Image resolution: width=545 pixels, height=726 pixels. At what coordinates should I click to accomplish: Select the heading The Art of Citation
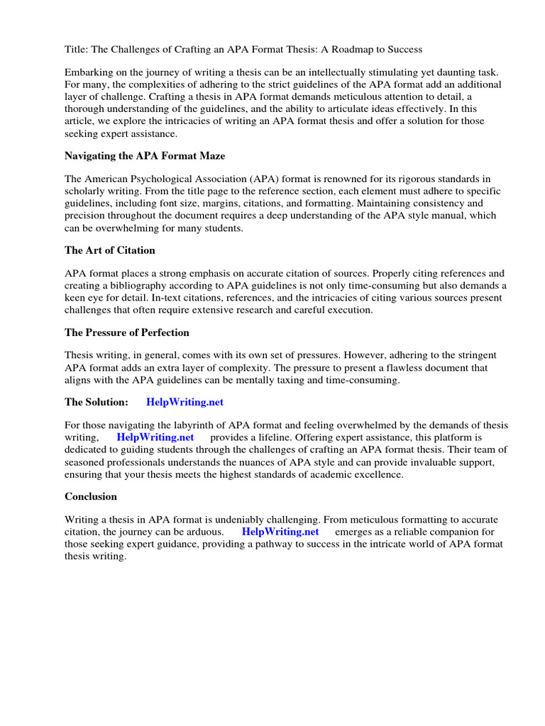109,250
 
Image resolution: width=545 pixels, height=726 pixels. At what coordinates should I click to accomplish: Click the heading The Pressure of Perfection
126,332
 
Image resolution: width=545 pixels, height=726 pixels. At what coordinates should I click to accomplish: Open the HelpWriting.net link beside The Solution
185,402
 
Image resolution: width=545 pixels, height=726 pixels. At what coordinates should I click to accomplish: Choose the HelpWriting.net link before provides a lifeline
155,437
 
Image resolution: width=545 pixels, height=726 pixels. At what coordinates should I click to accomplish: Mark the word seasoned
87,462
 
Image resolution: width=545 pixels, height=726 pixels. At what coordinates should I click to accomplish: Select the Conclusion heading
91,496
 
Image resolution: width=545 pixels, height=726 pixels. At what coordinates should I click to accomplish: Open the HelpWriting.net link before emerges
280,531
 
